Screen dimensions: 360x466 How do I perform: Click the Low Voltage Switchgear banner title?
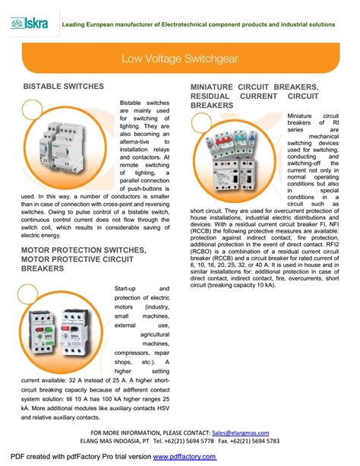click(x=179, y=57)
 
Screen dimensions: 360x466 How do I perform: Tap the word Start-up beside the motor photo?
click(x=127, y=290)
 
